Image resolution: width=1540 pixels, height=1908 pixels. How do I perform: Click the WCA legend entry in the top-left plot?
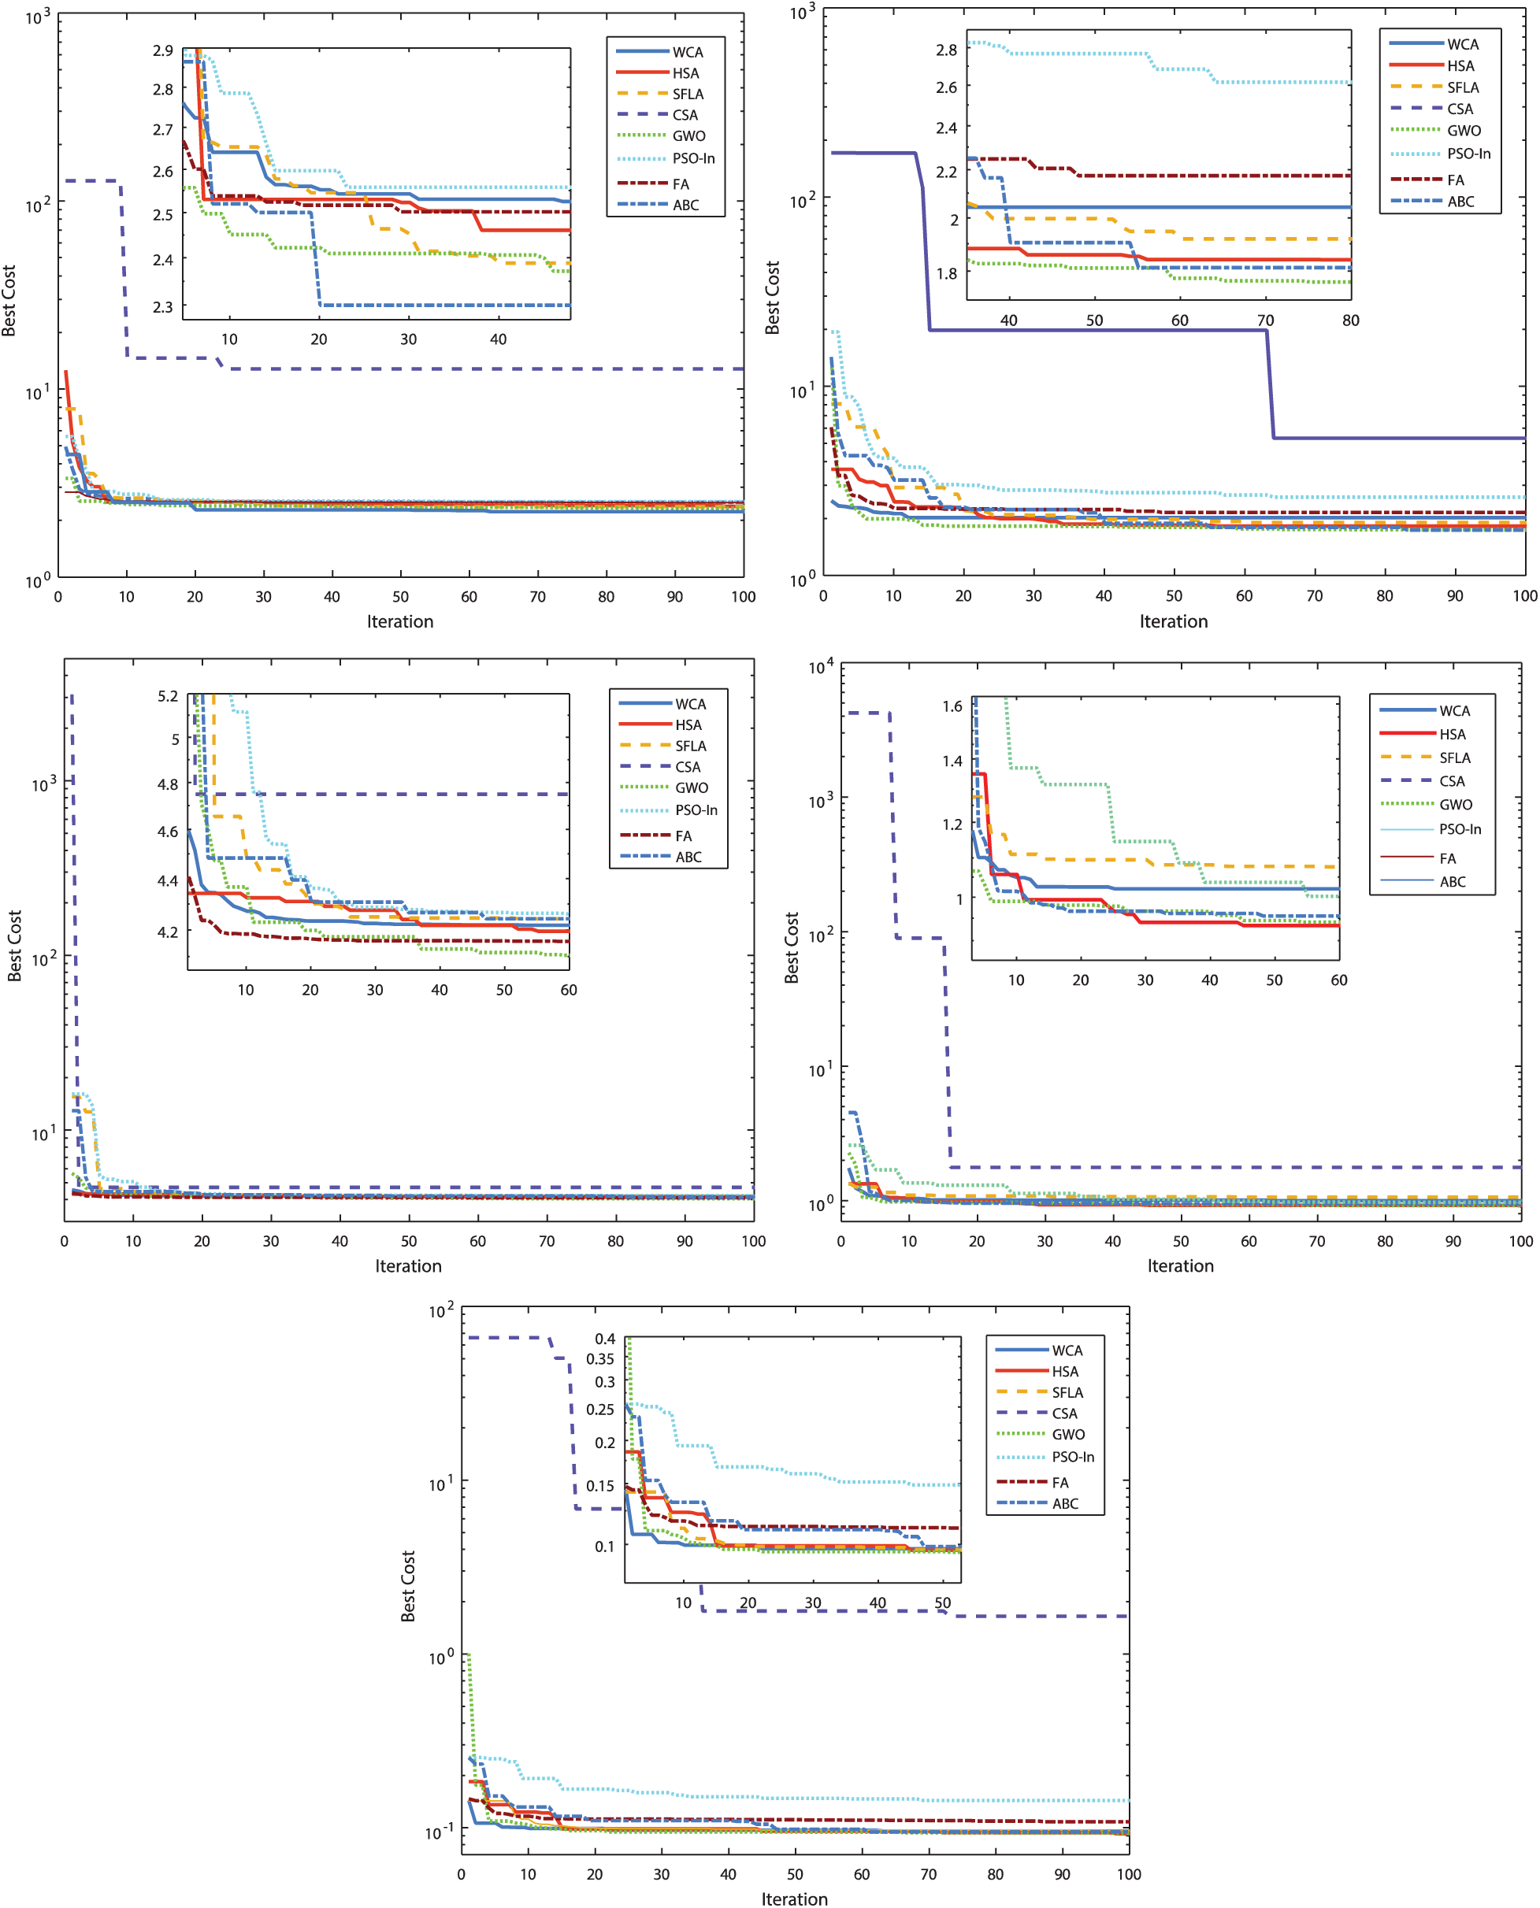[687, 52]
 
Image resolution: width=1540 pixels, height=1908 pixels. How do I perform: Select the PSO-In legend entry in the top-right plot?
[1468, 154]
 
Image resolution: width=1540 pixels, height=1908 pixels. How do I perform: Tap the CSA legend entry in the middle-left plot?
[688, 767]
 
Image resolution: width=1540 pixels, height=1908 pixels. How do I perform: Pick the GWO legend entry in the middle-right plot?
[1456, 804]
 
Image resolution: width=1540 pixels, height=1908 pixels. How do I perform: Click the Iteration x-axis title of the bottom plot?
[794, 1899]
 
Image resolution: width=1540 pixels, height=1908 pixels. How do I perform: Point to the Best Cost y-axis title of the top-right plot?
[773, 297]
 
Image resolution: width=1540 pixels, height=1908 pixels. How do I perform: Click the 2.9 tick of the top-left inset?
[162, 50]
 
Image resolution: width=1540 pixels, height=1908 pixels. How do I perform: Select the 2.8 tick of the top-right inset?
[947, 50]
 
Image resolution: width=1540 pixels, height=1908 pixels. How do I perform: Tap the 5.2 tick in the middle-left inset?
[168, 696]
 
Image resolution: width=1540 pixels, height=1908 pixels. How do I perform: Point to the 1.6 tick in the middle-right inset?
[952, 706]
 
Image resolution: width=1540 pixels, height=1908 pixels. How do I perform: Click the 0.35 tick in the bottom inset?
[599, 1359]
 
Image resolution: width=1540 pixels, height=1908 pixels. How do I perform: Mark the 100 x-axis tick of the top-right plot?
[1524, 596]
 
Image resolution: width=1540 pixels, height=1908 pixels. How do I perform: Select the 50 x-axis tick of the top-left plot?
[400, 597]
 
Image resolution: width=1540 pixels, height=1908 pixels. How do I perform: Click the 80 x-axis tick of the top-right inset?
[1350, 320]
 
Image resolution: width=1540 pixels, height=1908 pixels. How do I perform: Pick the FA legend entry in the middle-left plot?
[683, 836]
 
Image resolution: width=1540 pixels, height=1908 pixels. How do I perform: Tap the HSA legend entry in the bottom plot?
[1064, 1372]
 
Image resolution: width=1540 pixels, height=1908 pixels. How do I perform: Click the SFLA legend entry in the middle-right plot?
[1455, 758]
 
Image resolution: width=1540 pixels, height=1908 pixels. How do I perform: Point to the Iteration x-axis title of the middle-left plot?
[408, 1266]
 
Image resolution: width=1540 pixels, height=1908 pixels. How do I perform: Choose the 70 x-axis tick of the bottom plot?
[928, 1874]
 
